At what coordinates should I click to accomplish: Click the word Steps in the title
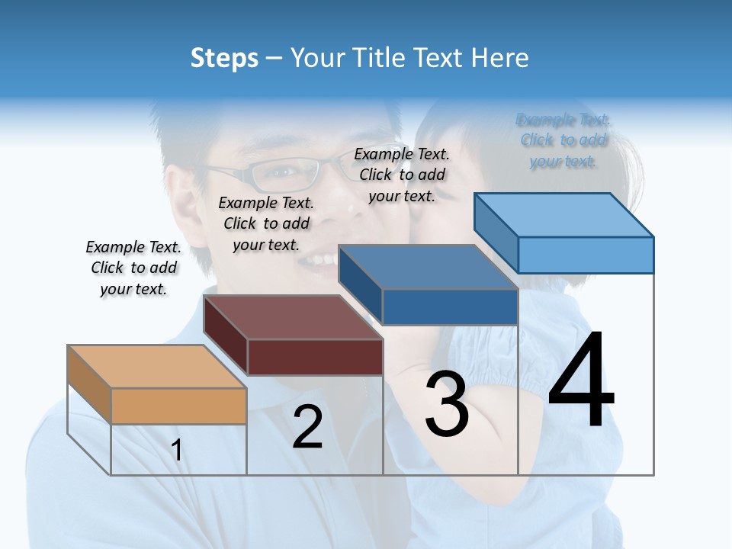(224, 58)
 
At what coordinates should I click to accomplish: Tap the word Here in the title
(498, 58)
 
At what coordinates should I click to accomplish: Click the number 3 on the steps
(447, 404)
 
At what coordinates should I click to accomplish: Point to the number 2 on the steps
(307, 427)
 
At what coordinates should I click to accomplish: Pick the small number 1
(177, 450)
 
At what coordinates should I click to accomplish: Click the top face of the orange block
(156, 367)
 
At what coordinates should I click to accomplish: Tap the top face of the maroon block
(292, 317)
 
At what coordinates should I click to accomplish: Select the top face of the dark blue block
(428, 268)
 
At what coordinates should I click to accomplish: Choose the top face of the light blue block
(563, 215)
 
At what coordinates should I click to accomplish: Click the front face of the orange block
(178, 406)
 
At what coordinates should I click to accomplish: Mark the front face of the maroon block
(315, 357)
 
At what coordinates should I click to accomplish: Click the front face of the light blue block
(586, 255)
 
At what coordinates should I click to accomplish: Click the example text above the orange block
(133, 268)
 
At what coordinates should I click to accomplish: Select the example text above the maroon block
(266, 223)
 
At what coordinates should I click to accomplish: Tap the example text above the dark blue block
(402, 175)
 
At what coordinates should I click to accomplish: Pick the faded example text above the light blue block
(563, 140)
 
